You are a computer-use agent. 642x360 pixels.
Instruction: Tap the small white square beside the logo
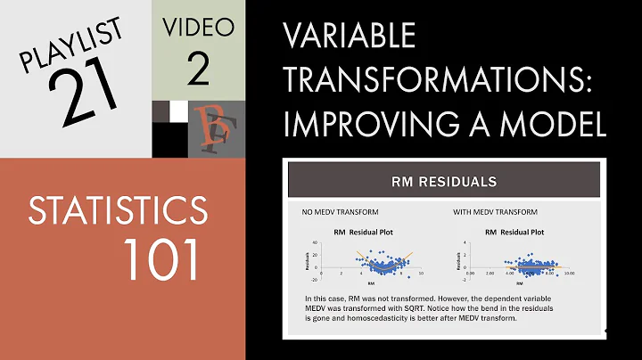coord(179,110)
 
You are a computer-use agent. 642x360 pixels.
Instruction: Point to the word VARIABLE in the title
coord(349,37)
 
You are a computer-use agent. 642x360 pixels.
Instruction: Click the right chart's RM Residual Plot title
coord(515,233)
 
